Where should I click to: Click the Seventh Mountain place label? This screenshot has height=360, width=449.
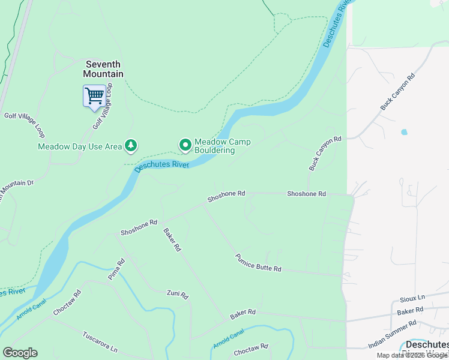[104, 69]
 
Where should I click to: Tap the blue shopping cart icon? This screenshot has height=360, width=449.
[94, 96]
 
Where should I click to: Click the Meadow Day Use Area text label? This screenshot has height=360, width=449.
[79, 146]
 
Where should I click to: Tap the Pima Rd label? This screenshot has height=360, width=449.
[116, 269]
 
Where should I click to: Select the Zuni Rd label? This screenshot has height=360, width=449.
[178, 294]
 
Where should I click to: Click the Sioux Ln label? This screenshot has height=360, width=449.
[412, 298]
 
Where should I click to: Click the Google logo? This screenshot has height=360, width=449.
[20, 353]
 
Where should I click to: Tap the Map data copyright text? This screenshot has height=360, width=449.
[412, 355]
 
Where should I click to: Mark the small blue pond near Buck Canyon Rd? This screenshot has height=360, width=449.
[403, 132]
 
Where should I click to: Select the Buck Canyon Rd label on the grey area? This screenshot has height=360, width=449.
[397, 92]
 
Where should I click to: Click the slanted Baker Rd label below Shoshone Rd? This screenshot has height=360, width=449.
[172, 239]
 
